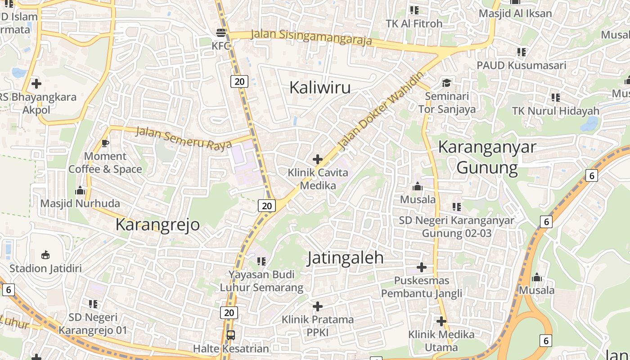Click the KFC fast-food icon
[221, 32]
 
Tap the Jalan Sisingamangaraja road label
[311, 37]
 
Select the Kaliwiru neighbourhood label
[319, 87]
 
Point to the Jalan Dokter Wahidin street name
[381, 111]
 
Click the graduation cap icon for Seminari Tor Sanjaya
[446, 83]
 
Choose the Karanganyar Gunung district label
[487, 157]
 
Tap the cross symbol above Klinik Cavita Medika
[318, 159]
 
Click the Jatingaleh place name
[346, 258]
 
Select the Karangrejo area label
[157, 224]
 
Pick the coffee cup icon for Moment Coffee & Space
[105, 143]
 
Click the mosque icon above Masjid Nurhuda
[80, 190]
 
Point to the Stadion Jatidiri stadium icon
[45, 255]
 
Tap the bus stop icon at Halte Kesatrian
[230, 335]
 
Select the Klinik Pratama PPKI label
[318, 326]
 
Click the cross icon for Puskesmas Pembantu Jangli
[422, 267]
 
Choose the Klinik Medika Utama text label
[441, 341]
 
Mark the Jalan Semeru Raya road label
[183, 138]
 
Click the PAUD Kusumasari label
[521, 65]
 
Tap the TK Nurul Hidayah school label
[556, 111]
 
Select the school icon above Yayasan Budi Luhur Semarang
[261, 261]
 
